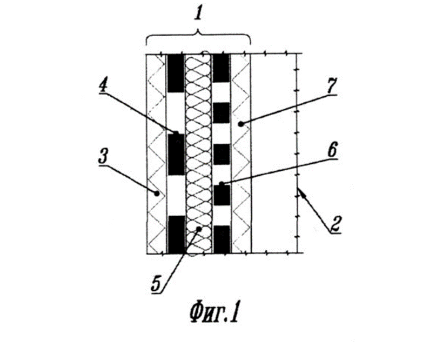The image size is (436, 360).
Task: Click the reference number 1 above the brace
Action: point(198,13)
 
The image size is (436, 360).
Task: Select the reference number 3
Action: point(103,157)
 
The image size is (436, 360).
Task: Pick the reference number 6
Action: point(332,150)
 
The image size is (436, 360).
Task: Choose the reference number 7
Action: point(331,86)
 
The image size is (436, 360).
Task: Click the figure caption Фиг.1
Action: point(214,314)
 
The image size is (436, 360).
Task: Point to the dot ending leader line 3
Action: point(157,193)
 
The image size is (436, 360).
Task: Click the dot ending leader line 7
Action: point(241,124)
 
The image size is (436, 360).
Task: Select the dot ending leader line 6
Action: point(222,184)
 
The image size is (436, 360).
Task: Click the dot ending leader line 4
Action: point(176,133)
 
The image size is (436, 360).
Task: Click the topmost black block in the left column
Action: point(176,73)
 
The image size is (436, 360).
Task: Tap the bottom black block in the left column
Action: point(176,235)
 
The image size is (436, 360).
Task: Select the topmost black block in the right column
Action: point(222,68)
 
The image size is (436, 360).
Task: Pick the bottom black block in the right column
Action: point(222,239)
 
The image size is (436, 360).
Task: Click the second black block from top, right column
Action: point(222,112)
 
